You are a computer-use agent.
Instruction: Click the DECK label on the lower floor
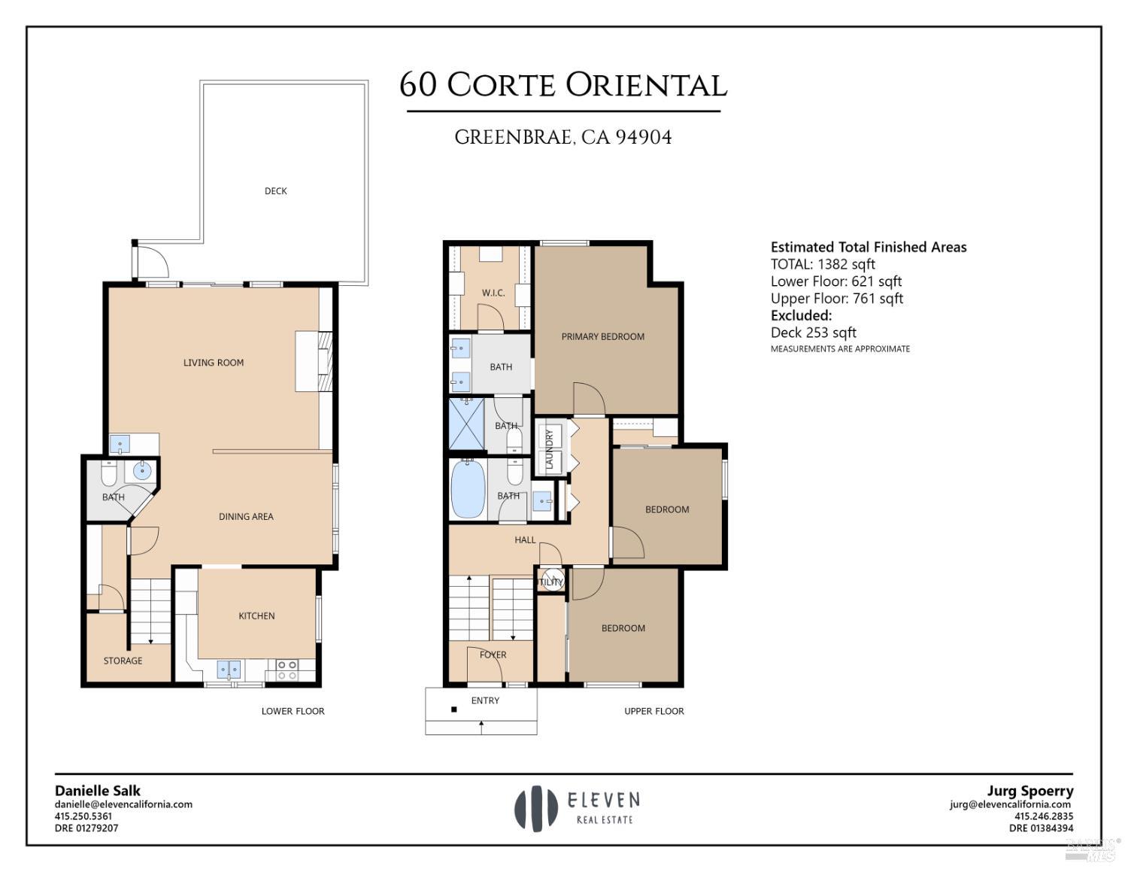click(x=275, y=191)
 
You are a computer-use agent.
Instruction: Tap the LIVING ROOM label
click(x=214, y=363)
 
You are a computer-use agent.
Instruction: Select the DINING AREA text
click(x=246, y=517)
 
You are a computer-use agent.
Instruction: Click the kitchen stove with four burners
click(x=287, y=670)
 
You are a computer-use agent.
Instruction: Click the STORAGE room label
click(x=123, y=661)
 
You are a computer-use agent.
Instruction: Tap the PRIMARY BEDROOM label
click(x=602, y=336)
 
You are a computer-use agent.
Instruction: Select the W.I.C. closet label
click(x=493, y=293)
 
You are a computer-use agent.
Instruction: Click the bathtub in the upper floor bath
click(x=468, y=490)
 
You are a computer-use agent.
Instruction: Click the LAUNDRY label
click(x=550, y=449)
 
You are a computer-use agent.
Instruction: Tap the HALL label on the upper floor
click(x=525, y=539)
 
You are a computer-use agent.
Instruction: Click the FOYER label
click(x=493, y=655)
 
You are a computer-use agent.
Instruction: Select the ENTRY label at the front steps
click(x=485, y=700)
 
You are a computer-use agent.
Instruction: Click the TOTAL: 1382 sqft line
click(x=823, y=264)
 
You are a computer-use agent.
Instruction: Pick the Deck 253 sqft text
click(x=814, y=333)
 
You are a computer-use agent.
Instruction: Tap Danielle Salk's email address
click(x=123, y=804)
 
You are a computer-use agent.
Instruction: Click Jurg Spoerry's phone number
click(x=1044, y=816)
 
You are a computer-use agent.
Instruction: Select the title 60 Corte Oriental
click(x=563, y=85)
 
